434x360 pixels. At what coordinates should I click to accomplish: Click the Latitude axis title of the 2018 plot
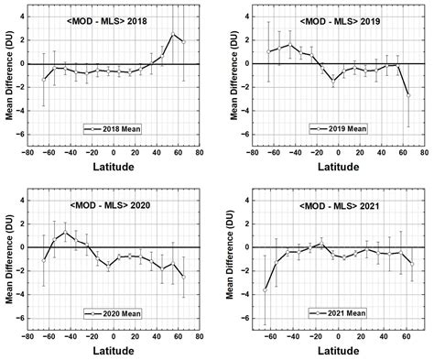(114, 169)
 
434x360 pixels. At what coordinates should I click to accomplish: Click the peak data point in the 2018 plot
(173, 35)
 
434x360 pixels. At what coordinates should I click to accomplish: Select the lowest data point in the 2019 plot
(408, 95)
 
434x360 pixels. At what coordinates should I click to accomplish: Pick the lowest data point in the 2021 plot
(265, 290)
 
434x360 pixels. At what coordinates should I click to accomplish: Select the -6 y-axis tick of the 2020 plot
(23, 319)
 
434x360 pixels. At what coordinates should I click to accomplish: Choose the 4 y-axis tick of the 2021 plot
(245, 212)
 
